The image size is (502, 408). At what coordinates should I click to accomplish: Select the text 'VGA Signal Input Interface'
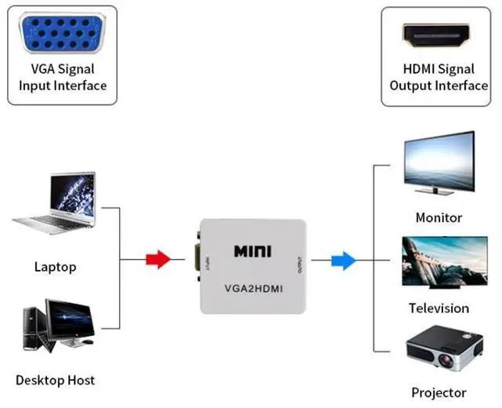point(63,77)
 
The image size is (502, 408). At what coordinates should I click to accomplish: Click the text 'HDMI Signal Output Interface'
point(438,77)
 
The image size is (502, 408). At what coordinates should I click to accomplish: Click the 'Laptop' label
point(56,267)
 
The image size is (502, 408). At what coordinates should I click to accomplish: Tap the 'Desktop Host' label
point(55,380)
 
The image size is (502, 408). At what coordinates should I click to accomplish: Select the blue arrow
point(343,260)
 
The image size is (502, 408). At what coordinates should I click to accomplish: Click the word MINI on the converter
point(253,252)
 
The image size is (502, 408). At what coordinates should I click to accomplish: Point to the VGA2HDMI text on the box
point(253,286)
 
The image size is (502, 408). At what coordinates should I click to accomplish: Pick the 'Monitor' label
point(438,217)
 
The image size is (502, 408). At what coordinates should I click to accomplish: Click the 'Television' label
point(438,308)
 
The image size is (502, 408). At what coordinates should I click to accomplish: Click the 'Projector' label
point(438,392)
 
